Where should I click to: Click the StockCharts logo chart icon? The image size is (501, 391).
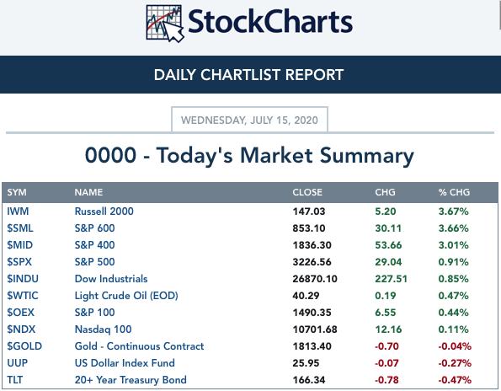165,24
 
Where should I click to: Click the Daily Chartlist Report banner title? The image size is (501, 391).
248,75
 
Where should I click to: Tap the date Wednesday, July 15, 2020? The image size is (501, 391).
249,121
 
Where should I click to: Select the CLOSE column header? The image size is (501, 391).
307,192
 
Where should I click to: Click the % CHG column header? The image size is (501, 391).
454,192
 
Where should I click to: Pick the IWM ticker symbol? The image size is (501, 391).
18,212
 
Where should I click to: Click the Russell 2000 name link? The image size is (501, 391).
104,212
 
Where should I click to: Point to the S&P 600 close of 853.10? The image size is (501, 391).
309,228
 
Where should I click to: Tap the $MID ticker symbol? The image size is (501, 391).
20,245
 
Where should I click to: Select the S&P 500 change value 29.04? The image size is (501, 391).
388,262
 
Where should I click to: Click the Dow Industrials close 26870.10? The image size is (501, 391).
315,279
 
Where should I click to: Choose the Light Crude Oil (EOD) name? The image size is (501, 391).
126,296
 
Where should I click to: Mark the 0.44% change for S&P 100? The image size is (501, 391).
453,313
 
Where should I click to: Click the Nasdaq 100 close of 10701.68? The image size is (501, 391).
315,329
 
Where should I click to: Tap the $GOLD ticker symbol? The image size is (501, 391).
24,346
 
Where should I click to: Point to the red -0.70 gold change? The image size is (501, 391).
386,346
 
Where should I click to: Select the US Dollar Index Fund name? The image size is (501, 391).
125,363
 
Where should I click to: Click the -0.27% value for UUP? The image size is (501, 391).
455,363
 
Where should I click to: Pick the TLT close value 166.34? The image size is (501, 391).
309,380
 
